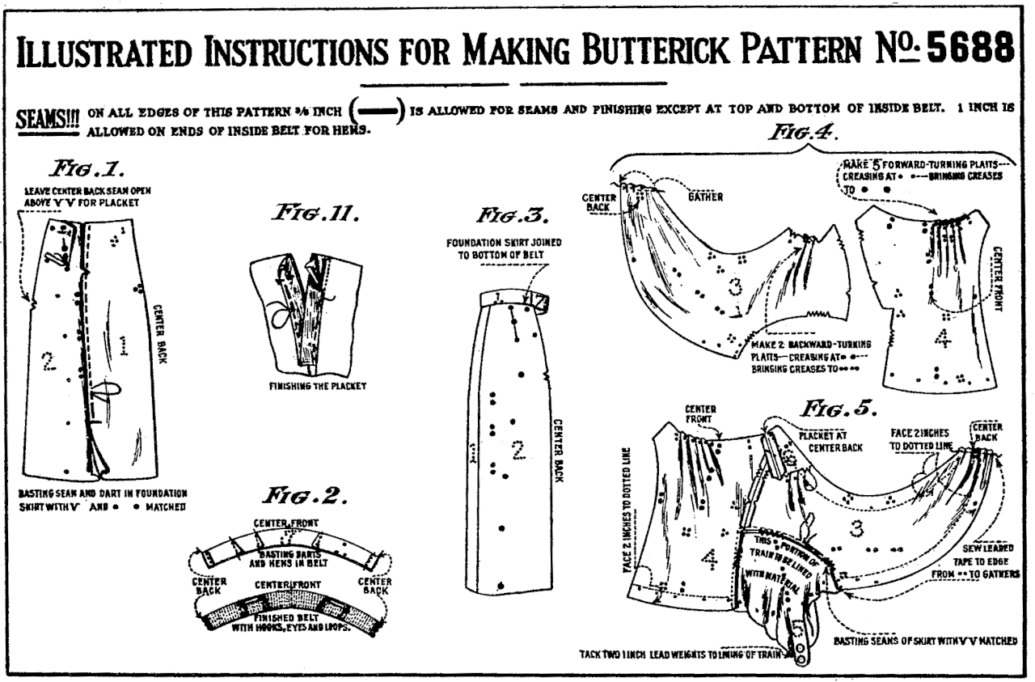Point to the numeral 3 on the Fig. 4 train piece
(734, 286)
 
